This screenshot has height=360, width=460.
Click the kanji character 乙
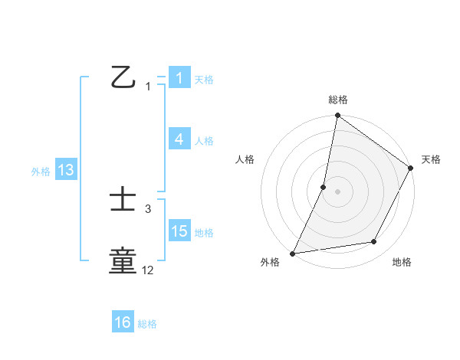[123, 77]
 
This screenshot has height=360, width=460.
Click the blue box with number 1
[179, 78]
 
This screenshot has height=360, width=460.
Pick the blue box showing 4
[179, 139]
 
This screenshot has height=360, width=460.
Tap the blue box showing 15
[179, 231]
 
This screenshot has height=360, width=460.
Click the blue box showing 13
[66, 171]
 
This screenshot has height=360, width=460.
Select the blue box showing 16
[123, 323]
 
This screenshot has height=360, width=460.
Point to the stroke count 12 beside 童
[148, 270]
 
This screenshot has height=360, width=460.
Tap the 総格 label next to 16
[147, 324]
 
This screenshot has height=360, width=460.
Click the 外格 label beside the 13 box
[41, 172]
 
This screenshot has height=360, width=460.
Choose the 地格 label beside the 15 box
[204, 232]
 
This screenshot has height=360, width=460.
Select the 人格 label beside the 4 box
[204, 140]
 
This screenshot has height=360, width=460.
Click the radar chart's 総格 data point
[337, 116]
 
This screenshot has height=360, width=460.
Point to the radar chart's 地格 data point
[374, 242]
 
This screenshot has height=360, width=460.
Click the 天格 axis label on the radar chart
[431, 159]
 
